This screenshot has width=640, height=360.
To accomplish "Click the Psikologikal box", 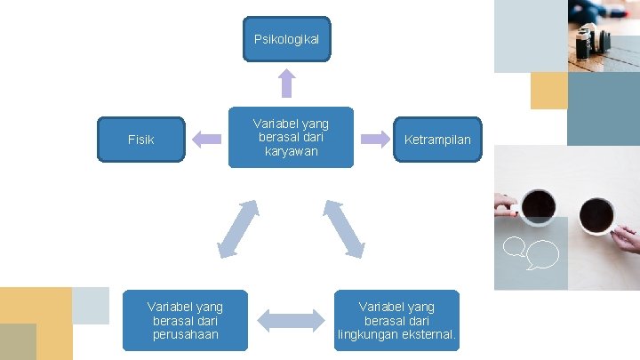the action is pyautogui.click(x=286, y=39).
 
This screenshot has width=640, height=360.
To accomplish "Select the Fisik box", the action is pyautogui.click(x=140, y=140).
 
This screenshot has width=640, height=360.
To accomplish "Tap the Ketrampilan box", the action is pyautogui.click(x=437, y=140).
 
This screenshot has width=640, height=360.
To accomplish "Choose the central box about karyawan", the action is pyautogui.click(x=290, y=137).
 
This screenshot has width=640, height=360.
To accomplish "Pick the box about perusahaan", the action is pyautogui.click(x=185, y=320).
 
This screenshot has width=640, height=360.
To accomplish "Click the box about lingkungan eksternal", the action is pyautogui.click(x=397, y=320).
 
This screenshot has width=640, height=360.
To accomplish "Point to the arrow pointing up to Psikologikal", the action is pyautogui.click(x=286, y=83).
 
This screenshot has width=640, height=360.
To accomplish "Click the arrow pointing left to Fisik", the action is pyautogui.click(x=207, y=138).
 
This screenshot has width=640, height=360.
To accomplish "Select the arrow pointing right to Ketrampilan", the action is pyautogui.click(x=374, y=138).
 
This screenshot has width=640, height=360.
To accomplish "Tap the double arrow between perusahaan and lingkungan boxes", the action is pyautogui.click(x=292, y=320).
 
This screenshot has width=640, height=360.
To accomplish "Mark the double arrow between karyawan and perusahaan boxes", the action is pyautogui.click(x=238, y=228).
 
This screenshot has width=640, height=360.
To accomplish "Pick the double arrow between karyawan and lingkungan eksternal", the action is pyautogui.click(x=343, y=228).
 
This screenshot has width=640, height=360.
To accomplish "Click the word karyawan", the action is pyautogui.click(x=290, y=151).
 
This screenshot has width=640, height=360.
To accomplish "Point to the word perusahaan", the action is pyautogui.click(x=185, y=334).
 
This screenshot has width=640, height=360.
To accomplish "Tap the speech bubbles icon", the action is pyautogui.click(x=531, y=252).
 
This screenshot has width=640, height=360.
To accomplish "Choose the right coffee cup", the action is pyautogui.click(x=596, y=214).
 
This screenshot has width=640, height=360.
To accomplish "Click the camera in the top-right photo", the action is pyautogui.click(x=589, y=40).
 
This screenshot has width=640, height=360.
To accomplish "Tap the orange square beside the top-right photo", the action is pyautogui.click(x=548, y=91).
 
